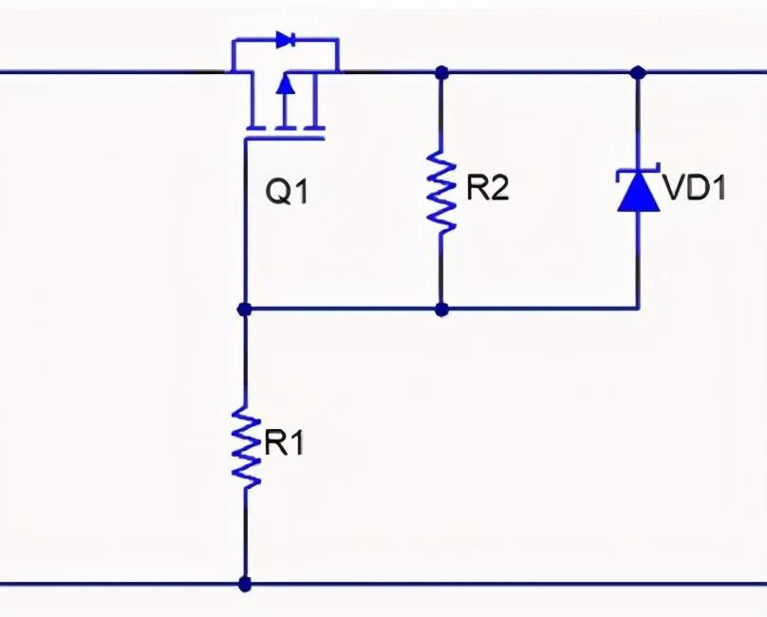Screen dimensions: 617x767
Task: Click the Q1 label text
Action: tap(287, 193)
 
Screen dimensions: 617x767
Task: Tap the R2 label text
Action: tap(487, 187)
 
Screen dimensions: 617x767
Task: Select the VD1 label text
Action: tap(695, 188)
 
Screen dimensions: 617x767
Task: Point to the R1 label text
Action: tap(284, 443)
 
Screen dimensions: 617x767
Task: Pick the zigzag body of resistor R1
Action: tap(246, 446)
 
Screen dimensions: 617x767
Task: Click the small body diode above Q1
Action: tap(284, 40)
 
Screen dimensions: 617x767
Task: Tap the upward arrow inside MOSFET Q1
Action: tap(284, 88)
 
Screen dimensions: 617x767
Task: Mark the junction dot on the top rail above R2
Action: tap(441, 71)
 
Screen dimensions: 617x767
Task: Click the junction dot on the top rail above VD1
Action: tap(638, 71)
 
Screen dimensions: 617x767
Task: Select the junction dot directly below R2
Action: tap(441, 308)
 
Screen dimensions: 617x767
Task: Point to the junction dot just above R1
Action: tap(245, 308)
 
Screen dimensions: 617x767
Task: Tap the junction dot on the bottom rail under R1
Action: tap(246, 584)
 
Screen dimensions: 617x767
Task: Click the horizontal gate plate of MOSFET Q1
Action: tap(284, 139)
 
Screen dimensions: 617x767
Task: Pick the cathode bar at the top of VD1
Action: tap(637, 172)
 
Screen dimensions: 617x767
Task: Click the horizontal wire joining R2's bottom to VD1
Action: tap(541, 308)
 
